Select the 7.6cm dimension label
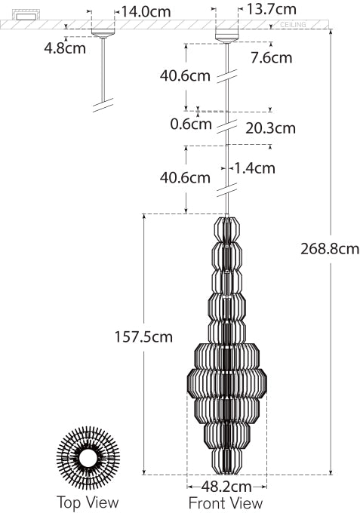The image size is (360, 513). click(x=271, y=57)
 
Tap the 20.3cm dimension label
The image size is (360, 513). click(x=270, y=128)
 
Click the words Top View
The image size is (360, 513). click(x=88, y=502)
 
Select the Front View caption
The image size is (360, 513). click(x=226, y=503)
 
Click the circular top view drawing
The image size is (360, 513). click(x=88, y=458)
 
